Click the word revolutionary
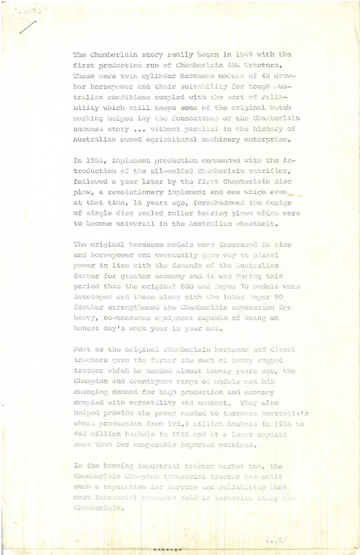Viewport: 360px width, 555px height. coord(135,192)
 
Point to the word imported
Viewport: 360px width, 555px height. coord(198,445)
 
